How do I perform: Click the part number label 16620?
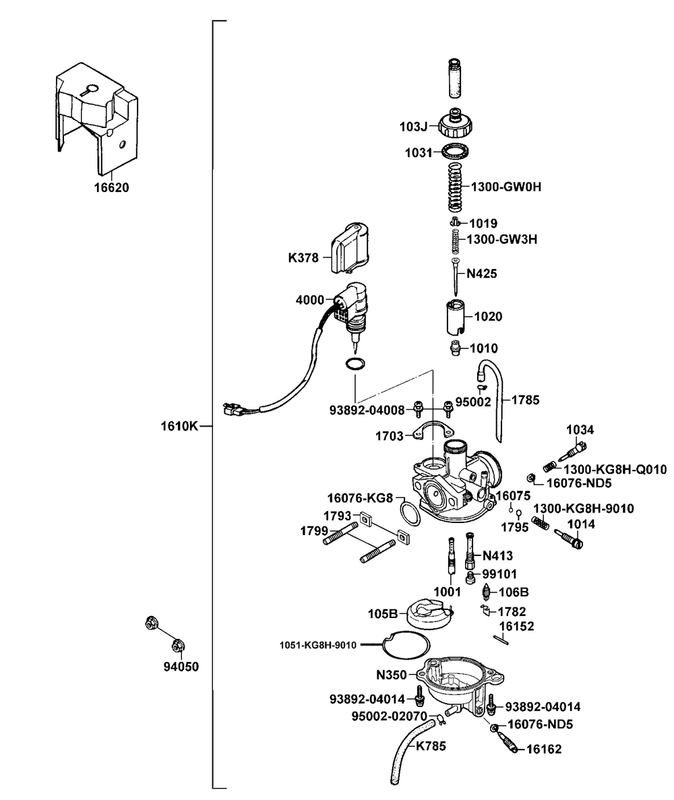point(111,187)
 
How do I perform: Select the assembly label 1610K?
point(179,426)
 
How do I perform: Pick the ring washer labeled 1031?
point(456,152)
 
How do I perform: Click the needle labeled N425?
point(454,276)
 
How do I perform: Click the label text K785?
point(431,746)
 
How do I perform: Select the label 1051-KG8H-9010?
point(318,646)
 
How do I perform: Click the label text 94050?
point(181,667)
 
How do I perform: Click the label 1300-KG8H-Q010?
point(615,469)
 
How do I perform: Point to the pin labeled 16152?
point(501,640)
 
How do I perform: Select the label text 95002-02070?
point(390,716)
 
